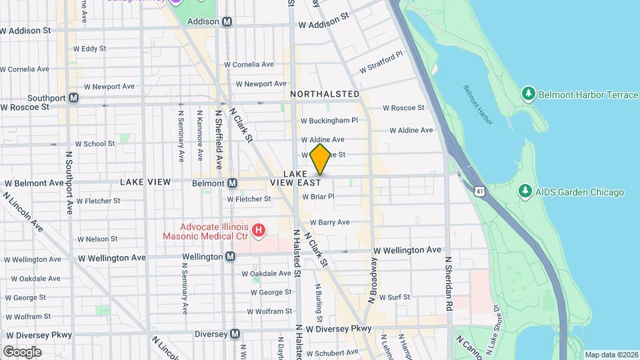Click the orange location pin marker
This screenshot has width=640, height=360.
pyautogui.click(x=320, y=159)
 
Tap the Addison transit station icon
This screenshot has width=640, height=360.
pyautogui.click(x=227, y=21)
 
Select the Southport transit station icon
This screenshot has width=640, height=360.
pyautogui.click(x=74, y=98)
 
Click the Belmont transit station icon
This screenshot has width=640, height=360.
pyautogui.click(x=232, y=183)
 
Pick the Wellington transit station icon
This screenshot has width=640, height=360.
pyautogui.click(x=231, y=257)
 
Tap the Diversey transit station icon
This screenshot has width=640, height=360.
pyautogui.click(x=234, y=334)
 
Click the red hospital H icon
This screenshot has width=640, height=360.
pyautogui.click(x=259, y=232)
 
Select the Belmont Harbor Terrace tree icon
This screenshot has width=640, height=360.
pyautogui.click(x=529, y=95)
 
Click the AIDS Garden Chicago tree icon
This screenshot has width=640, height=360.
pyautogui.click(x=525, y=192)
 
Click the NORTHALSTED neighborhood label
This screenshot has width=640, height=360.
pyautogui.click(x=325, y=95)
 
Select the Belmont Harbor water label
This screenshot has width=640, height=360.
pyautogui.click(x=478, y=105)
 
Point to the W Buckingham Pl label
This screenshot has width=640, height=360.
pyautogui.click(x=329, y=121)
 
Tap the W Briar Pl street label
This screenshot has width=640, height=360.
pyautogui.click(x=318, y=197)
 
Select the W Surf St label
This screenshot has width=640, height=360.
pyautogui.click(x=394, y=297)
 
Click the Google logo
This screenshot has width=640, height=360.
pyautogui.click(x=22, y=352)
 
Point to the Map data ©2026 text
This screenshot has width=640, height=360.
pyautogui.click(x=611, y=355)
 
